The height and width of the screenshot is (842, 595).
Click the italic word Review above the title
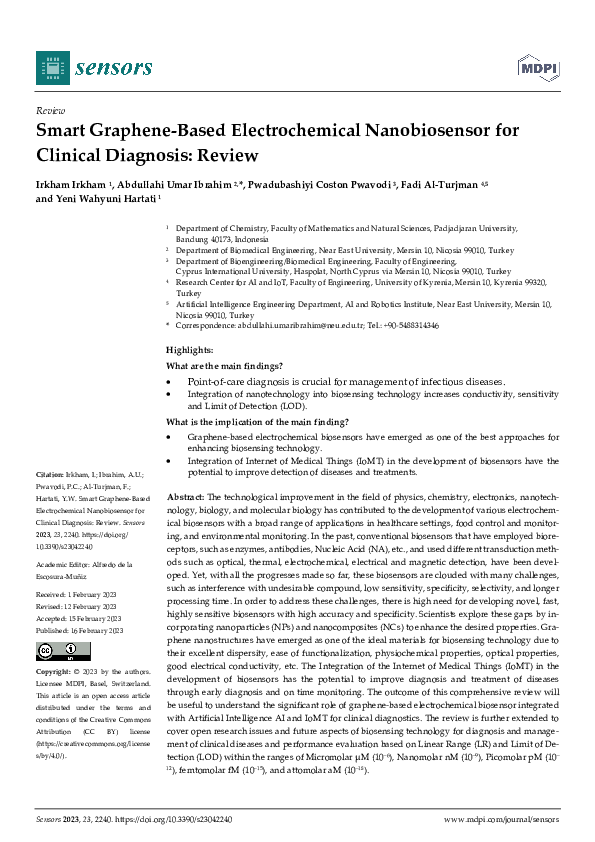click(x=50, y=111)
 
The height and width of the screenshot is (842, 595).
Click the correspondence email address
click(x=304, y=326)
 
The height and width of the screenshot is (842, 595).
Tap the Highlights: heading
click(x=189, y=349)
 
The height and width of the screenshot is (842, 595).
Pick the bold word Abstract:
click(x=184, y=497)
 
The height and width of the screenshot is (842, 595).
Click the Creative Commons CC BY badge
click(x=56, y=625)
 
